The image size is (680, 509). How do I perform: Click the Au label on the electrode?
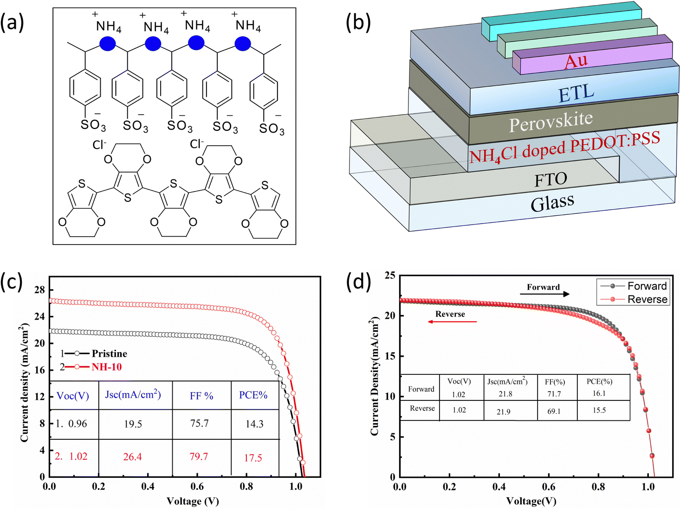[576, 61]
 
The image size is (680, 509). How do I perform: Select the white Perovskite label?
[551, 122]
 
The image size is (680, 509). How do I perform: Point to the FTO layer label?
[550, 179]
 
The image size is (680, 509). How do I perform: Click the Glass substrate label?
[552, 203]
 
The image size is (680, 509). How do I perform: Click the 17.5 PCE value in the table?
[253, 458]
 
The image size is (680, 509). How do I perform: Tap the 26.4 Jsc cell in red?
[133, 457]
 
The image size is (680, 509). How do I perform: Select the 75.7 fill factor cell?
[200, 423]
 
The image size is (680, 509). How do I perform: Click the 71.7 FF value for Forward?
[554, 394]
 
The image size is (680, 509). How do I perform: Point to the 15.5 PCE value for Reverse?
[599, 410]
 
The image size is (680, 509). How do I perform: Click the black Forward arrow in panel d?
[544, 294]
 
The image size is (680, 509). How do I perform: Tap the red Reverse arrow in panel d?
[452, 322]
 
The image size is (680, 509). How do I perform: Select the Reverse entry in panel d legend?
[648, 299]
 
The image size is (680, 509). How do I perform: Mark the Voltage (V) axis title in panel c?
[193, 501]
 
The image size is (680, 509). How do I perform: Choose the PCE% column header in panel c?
[253, 395]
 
